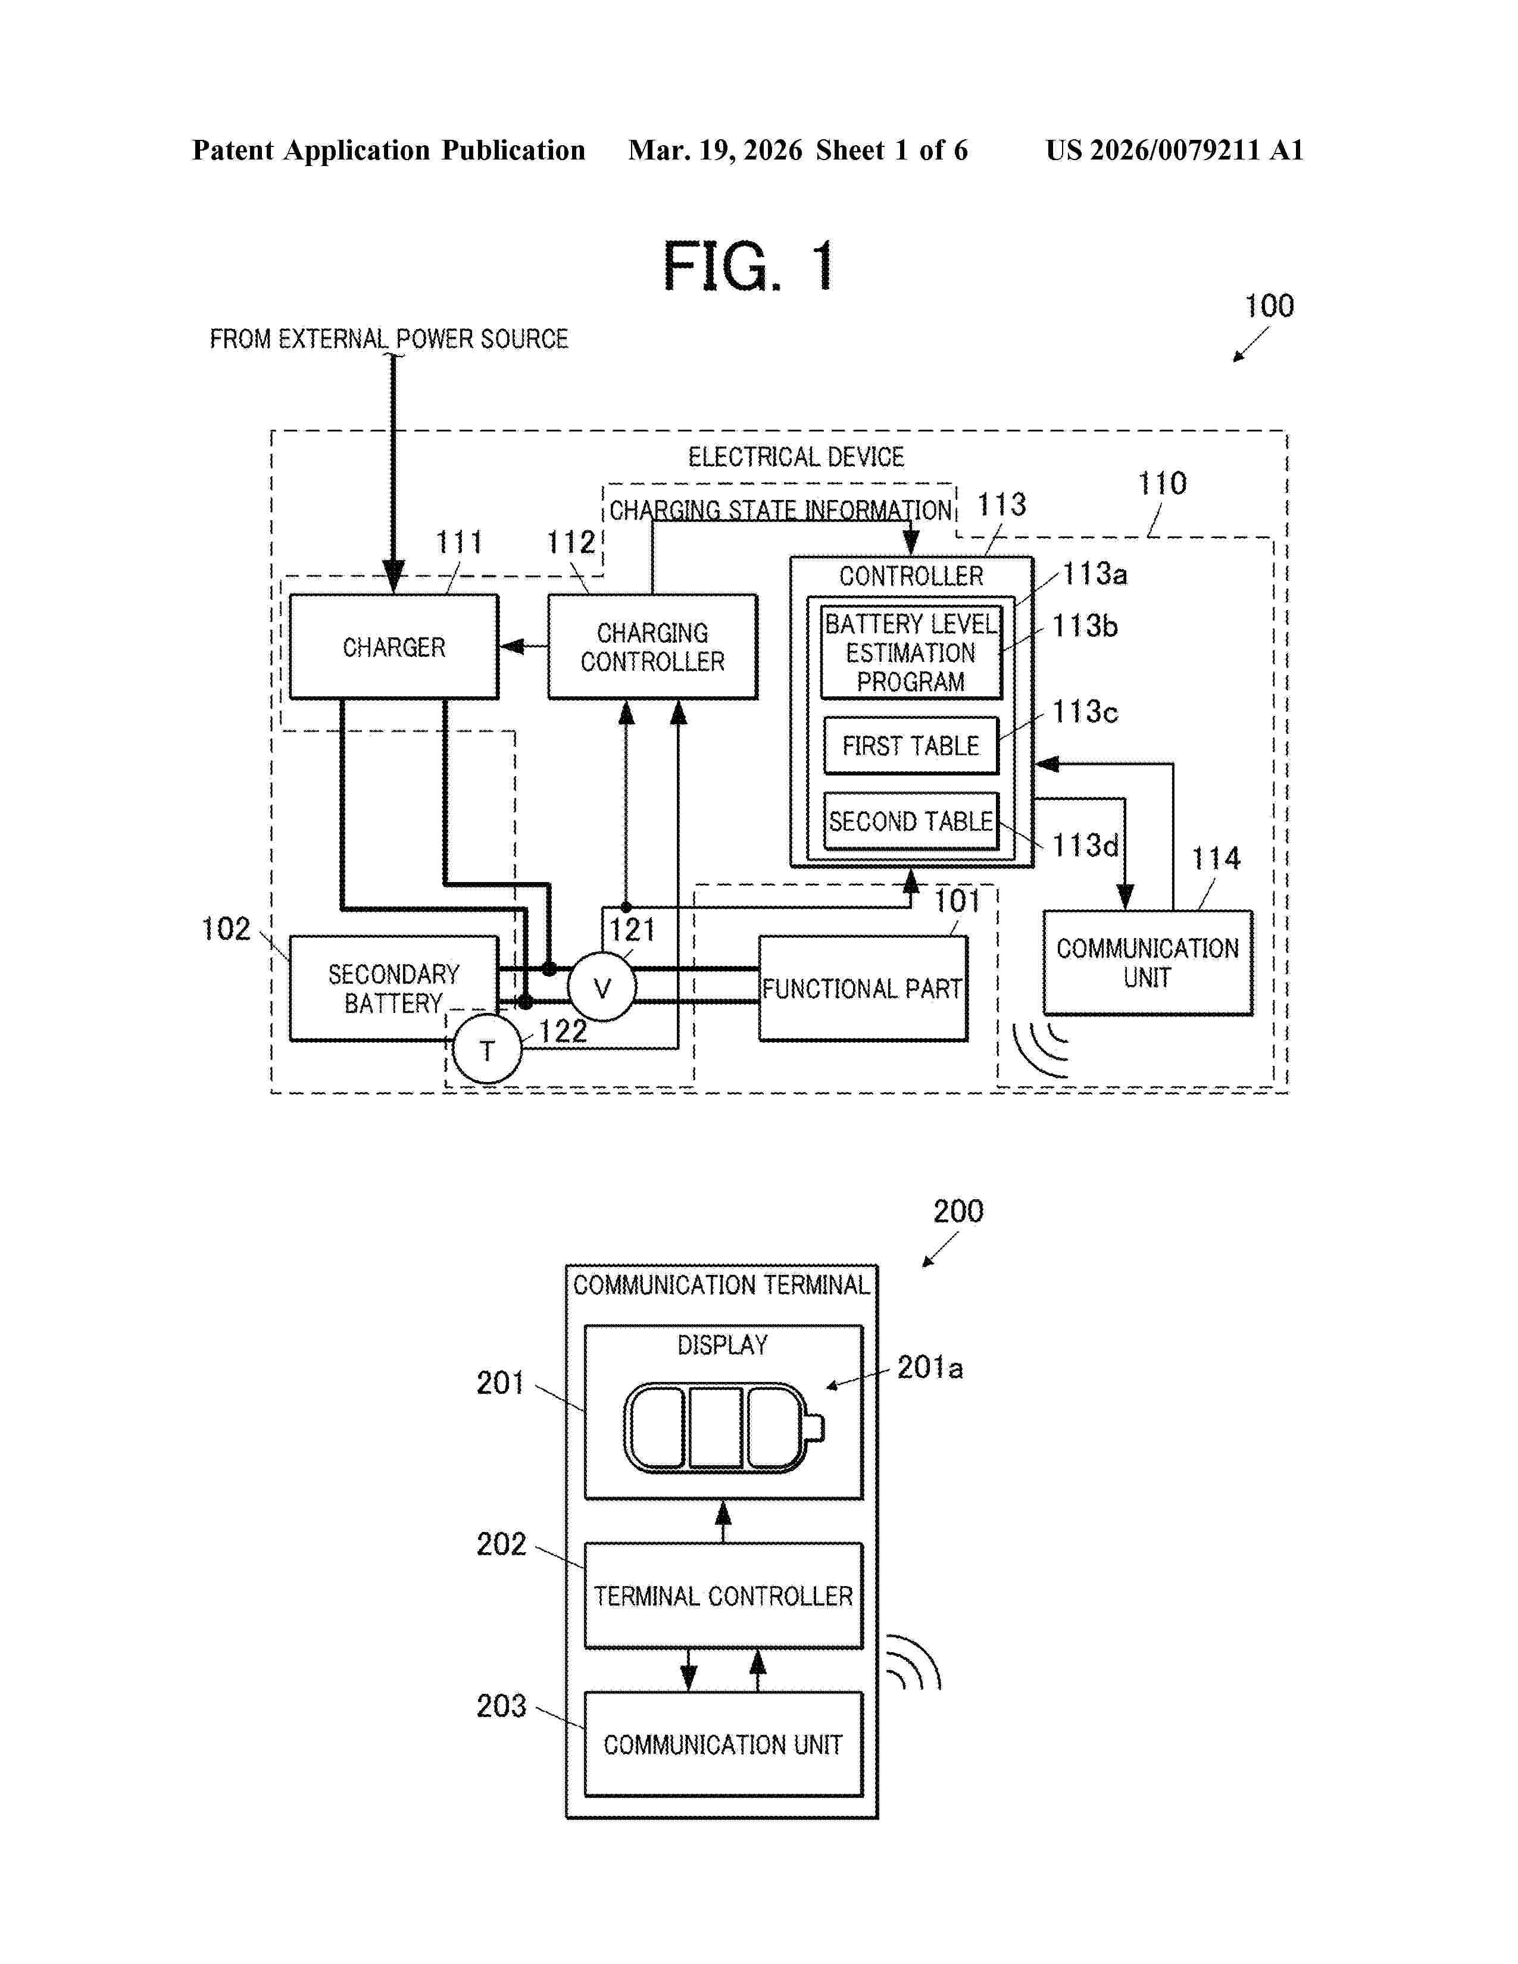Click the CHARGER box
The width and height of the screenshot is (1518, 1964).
click(394, 646)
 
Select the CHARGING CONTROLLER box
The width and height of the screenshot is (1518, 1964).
click(652, 646)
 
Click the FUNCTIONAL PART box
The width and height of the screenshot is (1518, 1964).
click(863, 989)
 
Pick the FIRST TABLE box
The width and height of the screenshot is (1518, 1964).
click(910, 746)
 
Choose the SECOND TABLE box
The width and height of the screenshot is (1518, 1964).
click(910, 821)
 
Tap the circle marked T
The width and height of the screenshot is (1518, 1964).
click(486, 1049)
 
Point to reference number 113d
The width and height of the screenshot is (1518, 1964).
click(1085, 845)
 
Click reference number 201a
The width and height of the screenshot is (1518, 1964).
click(929, 1368)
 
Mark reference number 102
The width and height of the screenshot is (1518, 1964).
click(226, 929)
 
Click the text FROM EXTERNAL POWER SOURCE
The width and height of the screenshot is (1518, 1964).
click(389, 339)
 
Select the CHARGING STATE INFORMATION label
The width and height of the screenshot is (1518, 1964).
click(780, 511)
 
